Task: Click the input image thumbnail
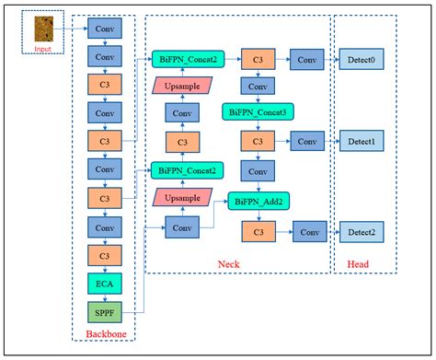click(43, 27)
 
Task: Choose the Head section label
click(363, 265)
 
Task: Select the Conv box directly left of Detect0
click(304, 60)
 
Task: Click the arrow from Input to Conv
click(74, 28)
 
